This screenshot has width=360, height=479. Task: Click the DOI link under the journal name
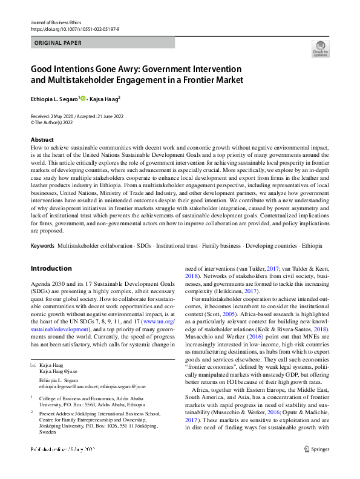click(71, 29)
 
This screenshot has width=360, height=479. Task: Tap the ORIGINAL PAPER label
click(57, 43)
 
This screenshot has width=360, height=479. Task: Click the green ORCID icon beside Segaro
click(83, 97)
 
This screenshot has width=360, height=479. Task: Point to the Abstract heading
click(42, 140)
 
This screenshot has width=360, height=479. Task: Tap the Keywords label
click(42, 263)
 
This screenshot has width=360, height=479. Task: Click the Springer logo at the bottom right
click(318, 466)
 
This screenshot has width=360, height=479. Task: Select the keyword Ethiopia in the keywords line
click(312, 263)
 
